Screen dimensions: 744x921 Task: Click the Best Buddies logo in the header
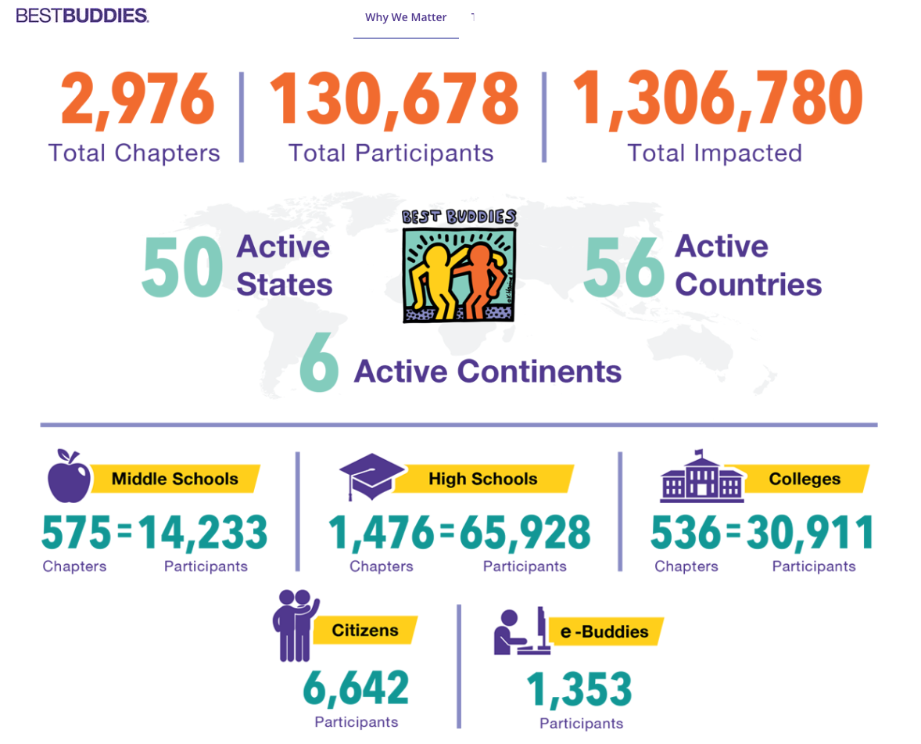82,16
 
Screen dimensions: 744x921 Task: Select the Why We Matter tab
406,17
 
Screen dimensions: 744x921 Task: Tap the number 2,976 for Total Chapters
138,100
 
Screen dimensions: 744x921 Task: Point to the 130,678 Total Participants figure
393,100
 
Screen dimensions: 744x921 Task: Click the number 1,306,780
718,100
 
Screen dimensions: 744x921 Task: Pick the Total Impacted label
715,153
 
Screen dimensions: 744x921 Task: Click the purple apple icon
69,476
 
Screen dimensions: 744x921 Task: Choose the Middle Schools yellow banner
175,479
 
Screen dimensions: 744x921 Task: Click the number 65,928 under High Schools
525,534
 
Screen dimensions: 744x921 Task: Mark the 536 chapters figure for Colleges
686,534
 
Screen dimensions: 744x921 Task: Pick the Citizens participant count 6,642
356,688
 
